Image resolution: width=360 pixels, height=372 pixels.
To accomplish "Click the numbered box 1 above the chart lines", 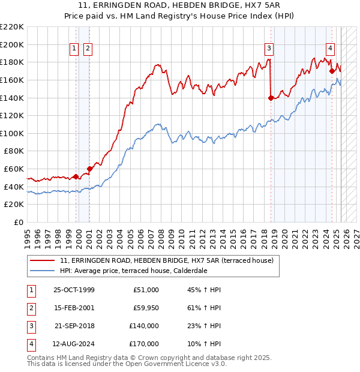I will (74, 49).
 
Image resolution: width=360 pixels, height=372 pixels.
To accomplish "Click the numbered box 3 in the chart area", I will (269, 49).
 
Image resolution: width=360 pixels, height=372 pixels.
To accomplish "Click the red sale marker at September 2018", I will (271, 98).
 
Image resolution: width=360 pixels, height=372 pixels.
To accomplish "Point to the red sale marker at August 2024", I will (332, 71).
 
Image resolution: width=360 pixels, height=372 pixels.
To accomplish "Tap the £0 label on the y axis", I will (20, 222).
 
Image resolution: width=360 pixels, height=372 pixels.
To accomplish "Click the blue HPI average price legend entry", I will (141, 271).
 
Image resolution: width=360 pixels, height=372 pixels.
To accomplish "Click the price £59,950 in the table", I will (146, 308).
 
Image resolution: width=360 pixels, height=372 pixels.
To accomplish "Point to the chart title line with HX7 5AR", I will (179, 7).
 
